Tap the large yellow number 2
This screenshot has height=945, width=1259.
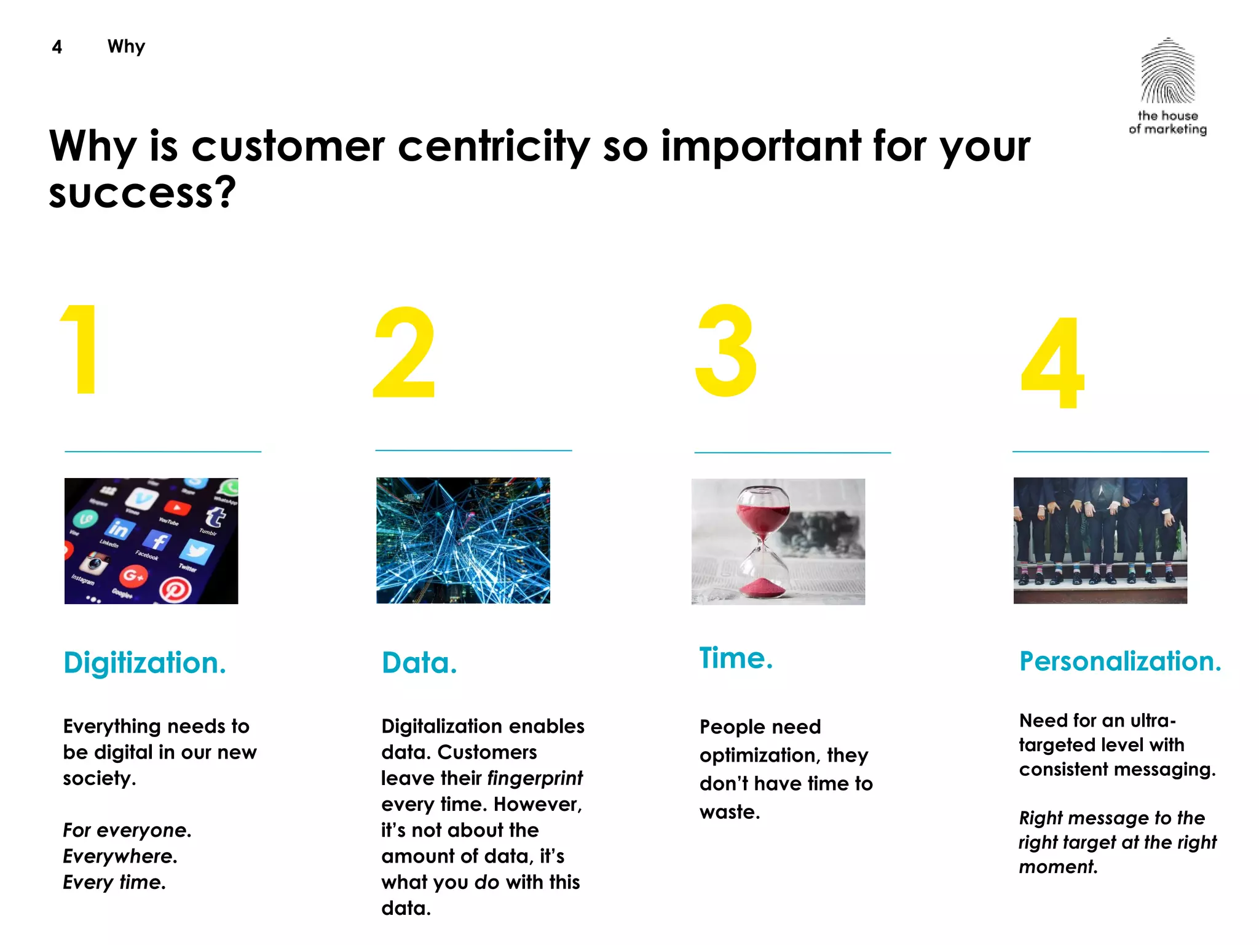click(405, 353)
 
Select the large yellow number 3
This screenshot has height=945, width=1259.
click(726, 351)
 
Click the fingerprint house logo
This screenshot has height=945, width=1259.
click(1167, 73)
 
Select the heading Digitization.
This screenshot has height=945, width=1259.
click(145, 663)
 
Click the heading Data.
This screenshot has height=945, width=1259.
click(419, 663)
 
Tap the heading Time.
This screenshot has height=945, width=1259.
click(736, 658)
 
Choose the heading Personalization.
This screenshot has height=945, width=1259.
click(1120, 662)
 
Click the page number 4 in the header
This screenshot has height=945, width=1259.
click(57, 47)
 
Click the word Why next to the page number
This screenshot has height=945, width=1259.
click(126, 47)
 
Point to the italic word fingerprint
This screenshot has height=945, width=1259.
click(535, 778)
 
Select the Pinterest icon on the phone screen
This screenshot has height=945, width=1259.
click(175, 590)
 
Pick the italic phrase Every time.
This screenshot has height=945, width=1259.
click(114, 882)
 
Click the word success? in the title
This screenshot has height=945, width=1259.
click(143, 193)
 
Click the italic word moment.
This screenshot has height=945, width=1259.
click(1057, 867)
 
